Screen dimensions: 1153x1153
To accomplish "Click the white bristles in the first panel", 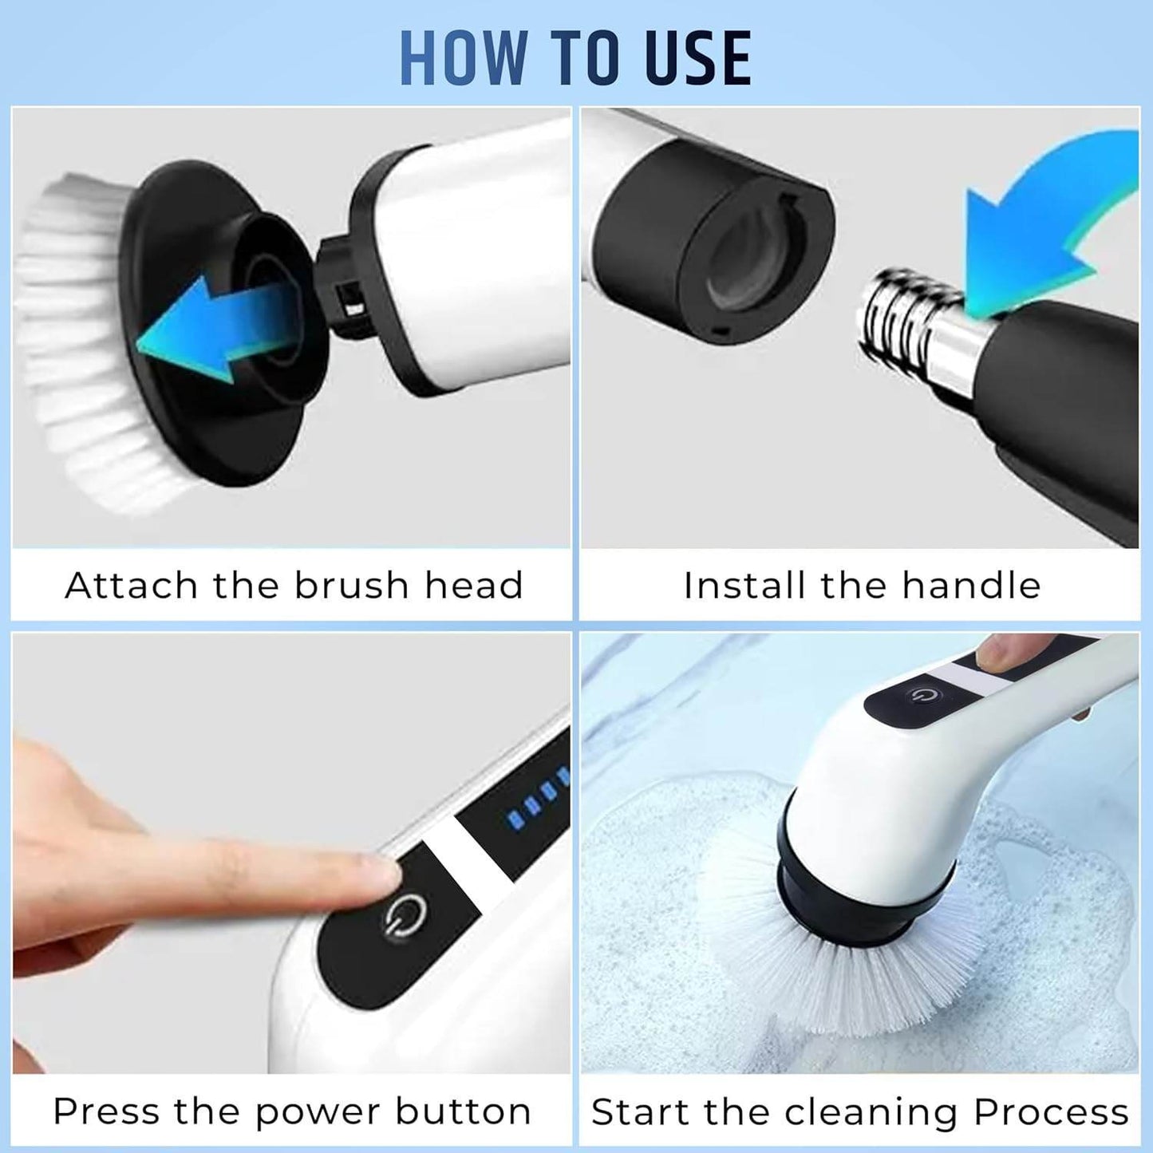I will [72, 343].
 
